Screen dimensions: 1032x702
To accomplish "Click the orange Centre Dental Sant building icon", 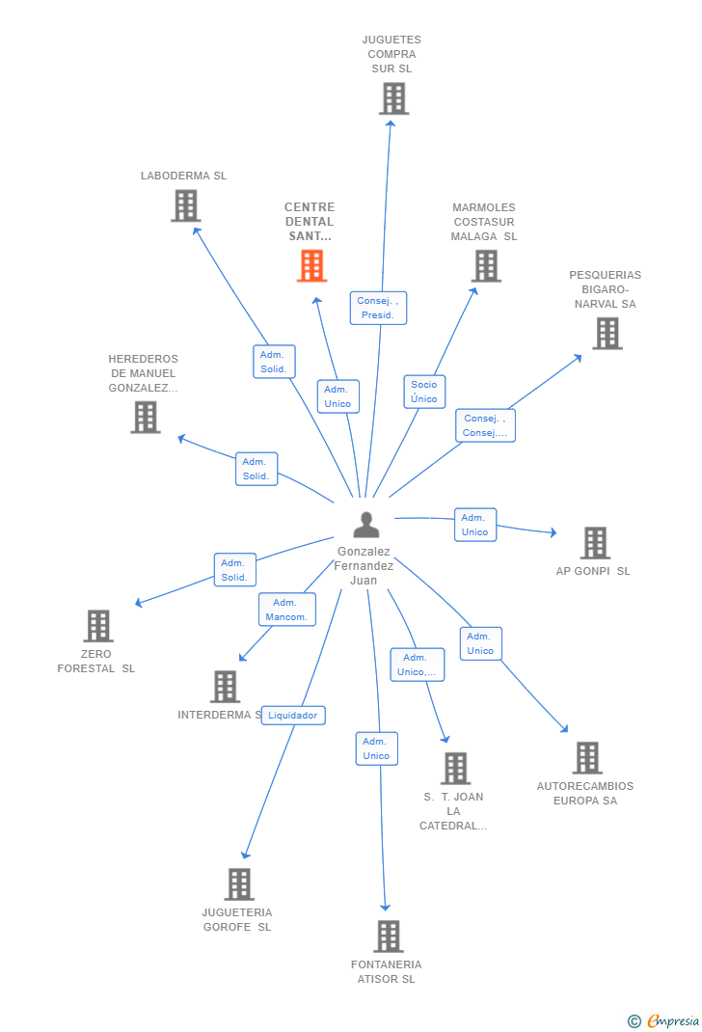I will coord(311,265).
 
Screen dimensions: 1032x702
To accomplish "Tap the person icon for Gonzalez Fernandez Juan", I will coord(366,525).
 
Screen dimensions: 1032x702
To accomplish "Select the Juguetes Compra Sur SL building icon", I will coord(393,98).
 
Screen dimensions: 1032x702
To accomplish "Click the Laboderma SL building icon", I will coord(185,205).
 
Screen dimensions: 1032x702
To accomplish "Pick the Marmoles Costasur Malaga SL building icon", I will coord(486,265).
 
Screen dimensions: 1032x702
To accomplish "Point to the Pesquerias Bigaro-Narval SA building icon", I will coord(607,333).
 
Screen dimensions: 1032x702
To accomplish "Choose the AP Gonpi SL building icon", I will coord(595,543).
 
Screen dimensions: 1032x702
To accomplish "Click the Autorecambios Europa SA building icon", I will coord(586,758).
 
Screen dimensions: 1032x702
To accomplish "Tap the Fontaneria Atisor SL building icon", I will coord(388,936).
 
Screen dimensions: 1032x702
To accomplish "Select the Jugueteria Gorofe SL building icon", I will coord(238,883).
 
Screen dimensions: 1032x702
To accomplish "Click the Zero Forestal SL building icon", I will coord(97,626).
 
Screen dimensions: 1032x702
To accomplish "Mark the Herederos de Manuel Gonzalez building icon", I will coord(145,417).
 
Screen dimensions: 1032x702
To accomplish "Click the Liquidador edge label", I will coord(293,716).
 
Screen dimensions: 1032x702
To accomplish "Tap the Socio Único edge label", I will coord(424,392).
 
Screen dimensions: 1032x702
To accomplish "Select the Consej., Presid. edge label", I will coord(378,308).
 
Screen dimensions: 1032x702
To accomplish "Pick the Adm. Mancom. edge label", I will coord(286,610).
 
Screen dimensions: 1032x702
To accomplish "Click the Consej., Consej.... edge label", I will coord(485,425).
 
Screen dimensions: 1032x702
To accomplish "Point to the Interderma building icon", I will coord(225,687).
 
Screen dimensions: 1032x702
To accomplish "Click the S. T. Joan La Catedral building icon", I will coord(455,769).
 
